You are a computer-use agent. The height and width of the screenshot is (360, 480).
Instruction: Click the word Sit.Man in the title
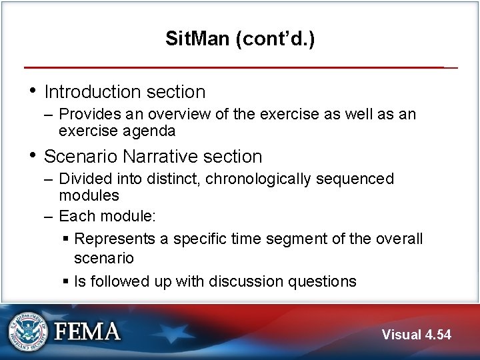tap(197, 39)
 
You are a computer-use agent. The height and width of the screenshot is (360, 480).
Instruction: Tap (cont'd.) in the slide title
tap(274, 39)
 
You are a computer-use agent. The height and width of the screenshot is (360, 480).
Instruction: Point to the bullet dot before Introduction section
tap(31, 91)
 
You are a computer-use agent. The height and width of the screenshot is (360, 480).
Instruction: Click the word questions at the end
tap(323, 281)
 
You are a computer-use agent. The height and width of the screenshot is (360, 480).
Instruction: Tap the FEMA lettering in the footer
tap(87, 331)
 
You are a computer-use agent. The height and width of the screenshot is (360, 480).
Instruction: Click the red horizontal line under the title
tap(233, 67)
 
